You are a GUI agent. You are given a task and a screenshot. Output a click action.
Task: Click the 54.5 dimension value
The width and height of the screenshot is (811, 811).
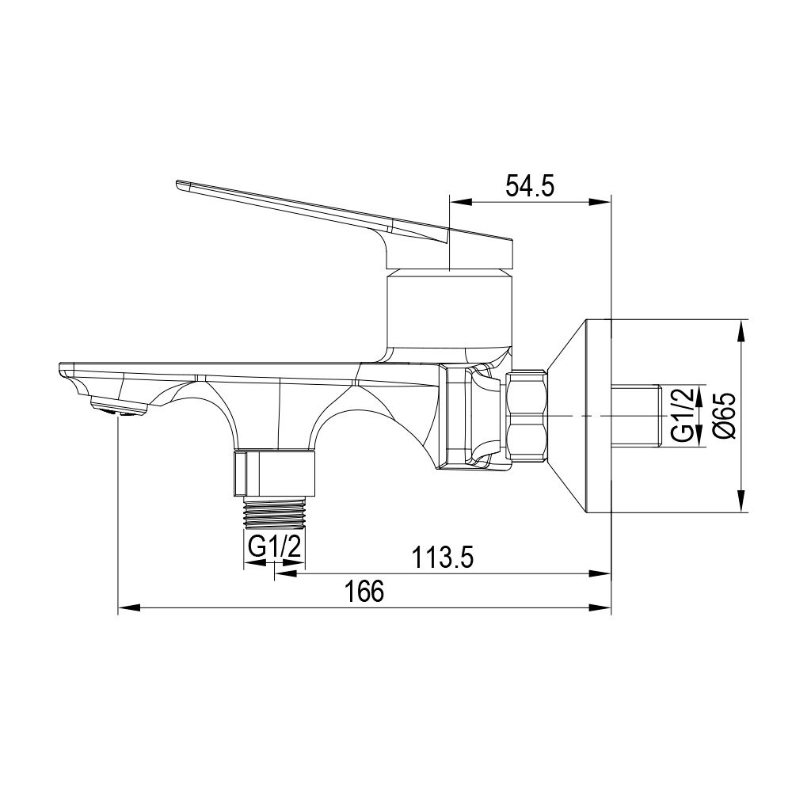pyautogui.click(x=530, y=186)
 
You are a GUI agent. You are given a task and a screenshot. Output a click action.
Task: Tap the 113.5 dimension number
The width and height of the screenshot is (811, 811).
pyautogui.click(x=442, y=558)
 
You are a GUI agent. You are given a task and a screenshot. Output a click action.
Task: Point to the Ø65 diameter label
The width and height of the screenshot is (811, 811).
pyautogui.click(x=725, y=416)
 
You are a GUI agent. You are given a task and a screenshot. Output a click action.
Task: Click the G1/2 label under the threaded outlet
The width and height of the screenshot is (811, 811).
pyautogui.click(x=275, y=547)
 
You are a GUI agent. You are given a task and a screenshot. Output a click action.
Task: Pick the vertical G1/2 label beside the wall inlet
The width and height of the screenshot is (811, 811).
pyautogui.click(x=683, y=415)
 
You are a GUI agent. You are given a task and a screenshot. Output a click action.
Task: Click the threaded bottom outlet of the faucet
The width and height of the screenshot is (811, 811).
pyautogui.click(x=274, y=515)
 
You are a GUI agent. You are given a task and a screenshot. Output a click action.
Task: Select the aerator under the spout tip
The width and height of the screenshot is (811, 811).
pyautogui.click(x=119, y=406)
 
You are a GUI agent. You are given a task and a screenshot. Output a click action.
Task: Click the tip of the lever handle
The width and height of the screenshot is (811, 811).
pyautogui.click(x=177, y=183)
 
